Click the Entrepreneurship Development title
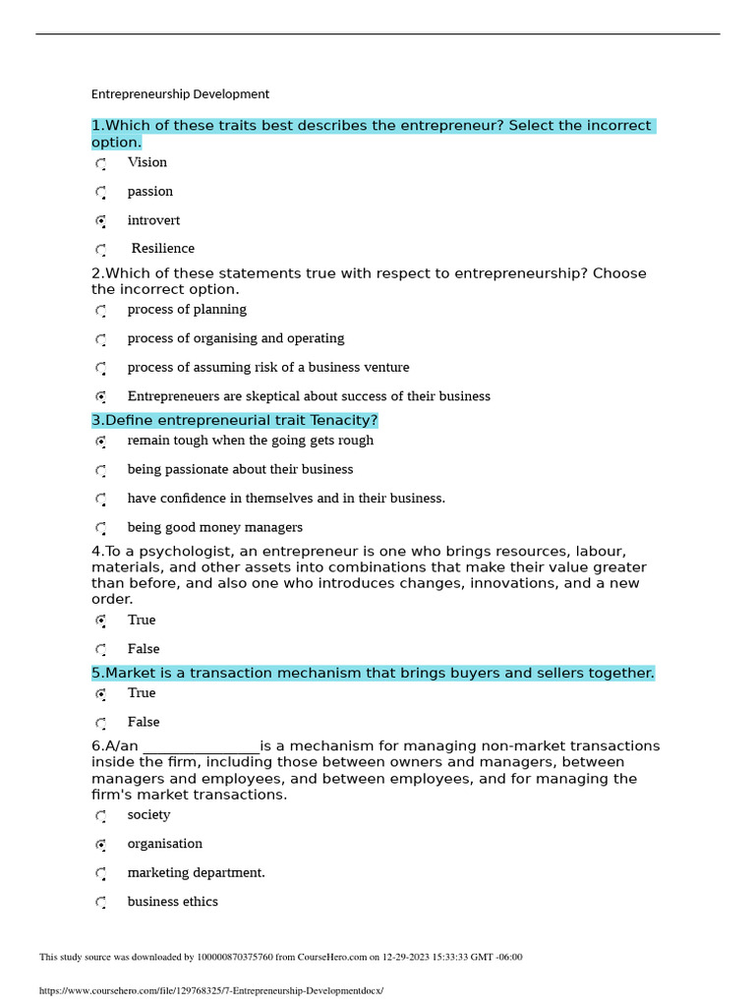(180, 94)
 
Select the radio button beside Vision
(101, 163)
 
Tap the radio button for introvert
(101, 221)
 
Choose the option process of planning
(187, 310)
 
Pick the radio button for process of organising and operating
(101, 339)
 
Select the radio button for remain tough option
(101, 442)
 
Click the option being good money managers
(214, 528)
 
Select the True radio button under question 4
(101, 621)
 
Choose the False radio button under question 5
(101, 723)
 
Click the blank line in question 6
(201, 746)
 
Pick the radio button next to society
(101, 816)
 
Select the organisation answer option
(164, 844)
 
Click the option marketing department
(196, 873)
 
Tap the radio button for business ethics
(101, 903)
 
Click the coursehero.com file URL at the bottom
(210, 991)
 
